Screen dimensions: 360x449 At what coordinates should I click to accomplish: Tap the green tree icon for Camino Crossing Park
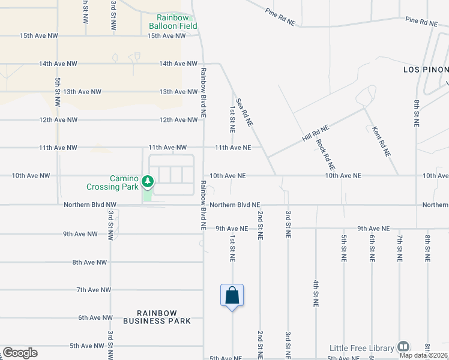146,179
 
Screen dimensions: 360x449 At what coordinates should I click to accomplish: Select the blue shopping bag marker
232,296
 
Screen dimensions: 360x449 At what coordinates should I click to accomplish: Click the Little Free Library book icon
403,347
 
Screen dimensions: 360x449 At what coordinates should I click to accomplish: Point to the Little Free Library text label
362,348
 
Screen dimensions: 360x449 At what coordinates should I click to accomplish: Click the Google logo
20,353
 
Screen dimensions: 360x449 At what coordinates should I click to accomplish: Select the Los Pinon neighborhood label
426,70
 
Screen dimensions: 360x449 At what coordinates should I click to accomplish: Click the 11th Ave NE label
238,148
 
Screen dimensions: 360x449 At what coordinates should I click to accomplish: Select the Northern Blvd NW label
90,205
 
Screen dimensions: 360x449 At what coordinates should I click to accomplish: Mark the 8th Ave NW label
89,262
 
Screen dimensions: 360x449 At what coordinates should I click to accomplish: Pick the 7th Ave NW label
94,290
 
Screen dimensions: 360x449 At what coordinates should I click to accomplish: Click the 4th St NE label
316,293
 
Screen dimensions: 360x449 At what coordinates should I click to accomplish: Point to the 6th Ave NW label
95,318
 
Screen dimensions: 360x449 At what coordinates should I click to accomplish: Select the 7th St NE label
399,248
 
